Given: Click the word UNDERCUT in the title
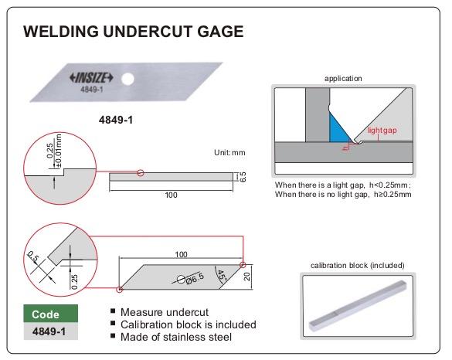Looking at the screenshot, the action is point(148,32).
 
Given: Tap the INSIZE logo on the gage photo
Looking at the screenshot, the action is point(91,77).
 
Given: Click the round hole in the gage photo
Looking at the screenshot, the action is point(127,80).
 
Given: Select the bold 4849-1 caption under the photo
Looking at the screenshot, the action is point(116,120).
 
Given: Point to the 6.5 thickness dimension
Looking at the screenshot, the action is point(243,177).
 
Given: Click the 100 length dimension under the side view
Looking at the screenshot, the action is point(171,195).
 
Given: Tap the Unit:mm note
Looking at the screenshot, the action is point(229,152).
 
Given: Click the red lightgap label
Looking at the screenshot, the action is point(382,131).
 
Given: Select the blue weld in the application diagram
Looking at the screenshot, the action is point(338,130).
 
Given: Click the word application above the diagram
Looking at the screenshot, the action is point(343,78).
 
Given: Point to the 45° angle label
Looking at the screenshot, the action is point(222,277).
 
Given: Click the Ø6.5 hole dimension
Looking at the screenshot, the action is point(195,278).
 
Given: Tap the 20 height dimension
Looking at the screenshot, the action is point(247,277).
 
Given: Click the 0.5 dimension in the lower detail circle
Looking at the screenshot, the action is point(32,256).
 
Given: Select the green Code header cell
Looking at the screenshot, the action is point(51,314).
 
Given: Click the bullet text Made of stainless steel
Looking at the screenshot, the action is point(176,337).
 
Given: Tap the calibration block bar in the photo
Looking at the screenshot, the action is point(358,306).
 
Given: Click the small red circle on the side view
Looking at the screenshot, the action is point(141,173).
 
